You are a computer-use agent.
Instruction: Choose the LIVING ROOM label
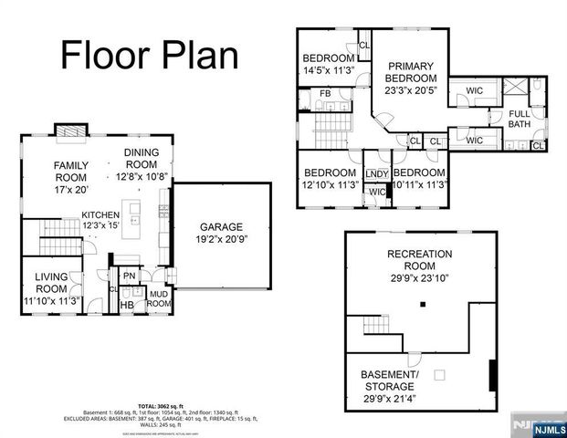pyautogui.click(x=58, y=287)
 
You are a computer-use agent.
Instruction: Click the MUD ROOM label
pyautogui.click(x=158, y=297)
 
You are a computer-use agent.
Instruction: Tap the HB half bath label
pyautogui.click(x=129, y=305)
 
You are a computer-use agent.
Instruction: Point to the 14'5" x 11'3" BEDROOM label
pyautogui.click(x=330, y=66)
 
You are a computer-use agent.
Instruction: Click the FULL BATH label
pyautogui.click(x=520, y=118)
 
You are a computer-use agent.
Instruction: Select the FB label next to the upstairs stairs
pyautogui.click(x=324, y=94)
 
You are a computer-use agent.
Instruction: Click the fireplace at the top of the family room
pyautogui.click(x=68, y=131)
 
